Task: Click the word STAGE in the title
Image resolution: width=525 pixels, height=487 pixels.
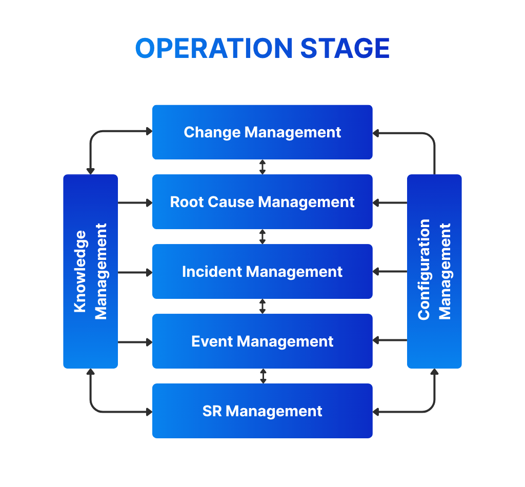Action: pyautogui.click(x=345, y=49)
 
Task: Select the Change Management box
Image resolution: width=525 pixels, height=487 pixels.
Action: pyautogui.click(x=262, y=132)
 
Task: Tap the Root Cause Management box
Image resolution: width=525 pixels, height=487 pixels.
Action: pyautogui.click(x=262, y=202)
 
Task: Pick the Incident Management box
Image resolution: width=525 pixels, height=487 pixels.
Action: pyautogui.click(x=262, y=272)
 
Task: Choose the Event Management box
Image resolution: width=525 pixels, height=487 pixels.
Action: pyautogui.click(x=262, y=341)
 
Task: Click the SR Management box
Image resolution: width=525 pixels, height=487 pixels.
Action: pyautogui.click(x=262, y=411)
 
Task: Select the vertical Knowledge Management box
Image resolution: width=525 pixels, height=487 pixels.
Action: pyautogui.click(x=91, y=271)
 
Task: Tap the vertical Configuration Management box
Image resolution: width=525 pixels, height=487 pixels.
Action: pyautogui.click(x=434, y=271)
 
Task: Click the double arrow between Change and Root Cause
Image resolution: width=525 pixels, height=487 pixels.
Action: pyautogui.click(x=262, y=167)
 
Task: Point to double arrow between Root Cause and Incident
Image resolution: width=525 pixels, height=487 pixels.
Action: pyautogui.click(x=262, y=237)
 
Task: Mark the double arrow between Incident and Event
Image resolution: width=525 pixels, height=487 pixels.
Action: pyautogui.click(x=262, y=307)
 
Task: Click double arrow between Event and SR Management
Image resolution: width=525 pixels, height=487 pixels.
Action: pyautogui.click(x=263, y=376)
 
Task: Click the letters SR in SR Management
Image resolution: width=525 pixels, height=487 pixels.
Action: pyautogui.click(x=212, y=411)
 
